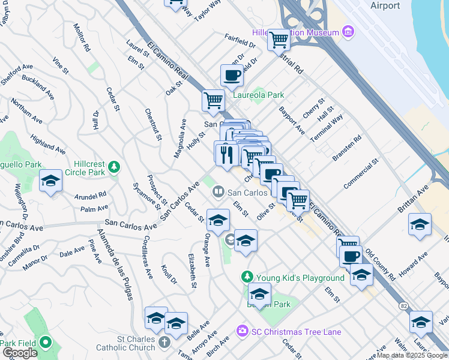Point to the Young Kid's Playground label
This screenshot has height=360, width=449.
click(300, 278)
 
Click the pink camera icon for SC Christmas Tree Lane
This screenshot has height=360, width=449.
click(242, 331)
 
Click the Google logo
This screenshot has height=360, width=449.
click(20, 353)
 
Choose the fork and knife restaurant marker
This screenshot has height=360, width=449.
click(226, 155)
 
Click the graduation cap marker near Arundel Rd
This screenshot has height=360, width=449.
click(50, 181)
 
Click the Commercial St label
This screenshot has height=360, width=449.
click(361, 173)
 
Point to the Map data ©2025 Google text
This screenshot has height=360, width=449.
click(412, 355)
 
